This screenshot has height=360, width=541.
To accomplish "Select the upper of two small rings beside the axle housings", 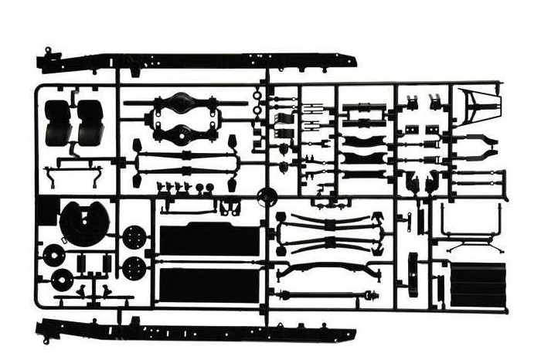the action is click(257, 96).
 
